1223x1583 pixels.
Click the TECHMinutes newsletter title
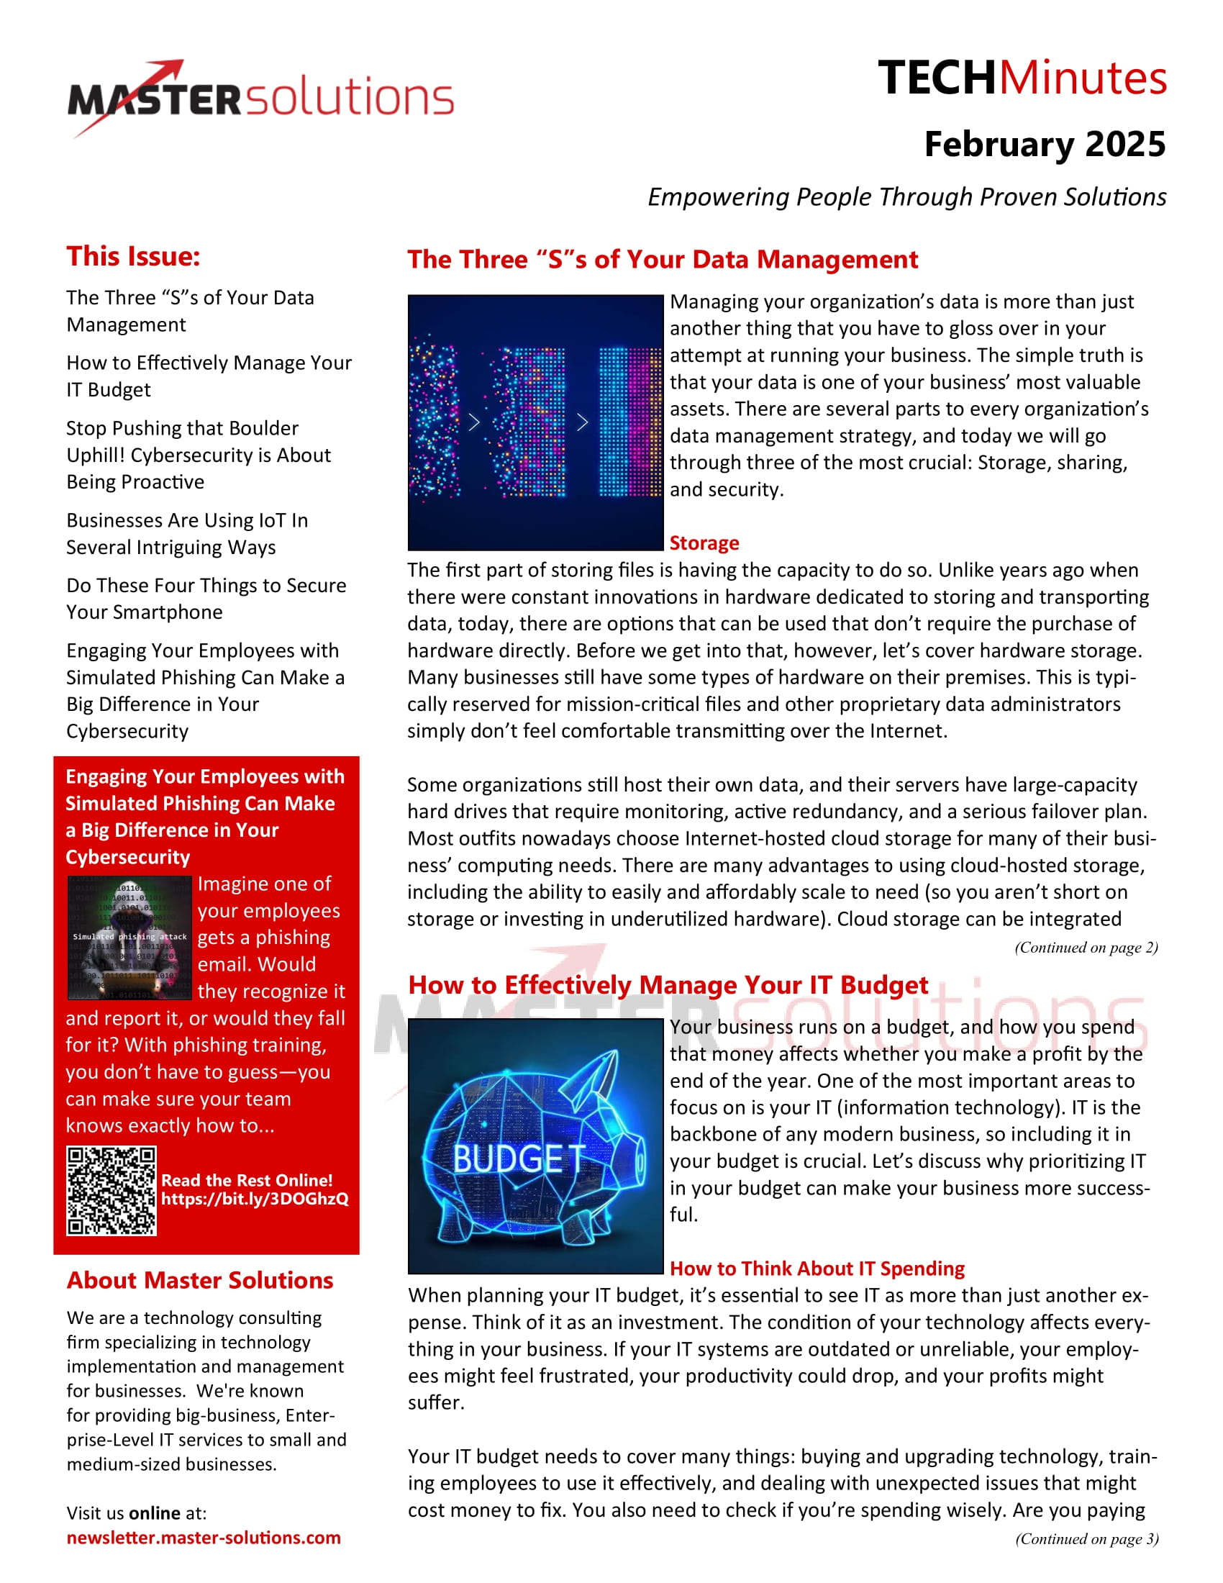pyautogui.click(x=1022, y=78)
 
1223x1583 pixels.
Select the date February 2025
pyautogui.click(x=1044, y=144)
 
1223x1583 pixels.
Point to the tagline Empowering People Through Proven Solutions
pyautogui.click(x=906, y=197)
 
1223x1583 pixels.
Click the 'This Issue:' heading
pyautogui.click(x=133, y=257)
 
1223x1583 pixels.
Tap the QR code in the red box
pyautogui.click(x=112, y=1191)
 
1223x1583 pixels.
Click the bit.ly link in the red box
pyautogui.click(x=254, y=1199)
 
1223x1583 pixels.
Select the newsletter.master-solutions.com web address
pyautogui.click(x=204, y=1538)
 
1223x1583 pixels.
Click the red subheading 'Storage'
pyautogui.click(x=704, y=543)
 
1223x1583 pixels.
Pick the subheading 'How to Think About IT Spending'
pyautogui.click(x=817, y=1269)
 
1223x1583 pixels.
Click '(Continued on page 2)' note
pyautogui.click(x=1086, y=948)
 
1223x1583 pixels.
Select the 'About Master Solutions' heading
pyautogui.click(x=200, y=1281)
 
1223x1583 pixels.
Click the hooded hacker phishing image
pyautogui.click(x=129, y=937)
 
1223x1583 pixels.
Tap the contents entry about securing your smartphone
pyautogui.click(x=206, y=599)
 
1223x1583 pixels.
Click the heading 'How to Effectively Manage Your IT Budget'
pyautogui.click(x=668, y=985)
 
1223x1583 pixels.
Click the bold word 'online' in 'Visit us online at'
pyautogui.click(x=155, y=1512)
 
